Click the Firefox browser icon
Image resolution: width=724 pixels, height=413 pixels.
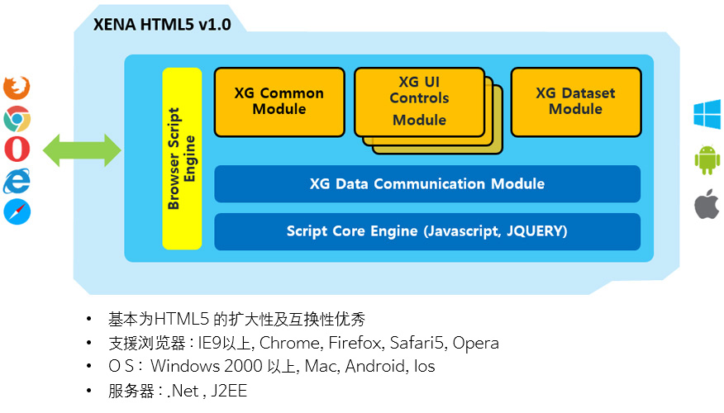[x=17, y=88]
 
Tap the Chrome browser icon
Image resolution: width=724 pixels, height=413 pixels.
[x=17, y=119]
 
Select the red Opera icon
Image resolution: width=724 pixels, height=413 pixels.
[x=17, y=149]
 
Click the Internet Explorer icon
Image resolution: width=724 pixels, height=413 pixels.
[x=17, y=181]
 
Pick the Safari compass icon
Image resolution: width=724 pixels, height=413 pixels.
[x=17, y=211]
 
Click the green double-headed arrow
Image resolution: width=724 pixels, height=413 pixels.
[x=82, y=150]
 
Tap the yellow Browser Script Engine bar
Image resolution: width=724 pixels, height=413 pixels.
[x=182, y=159]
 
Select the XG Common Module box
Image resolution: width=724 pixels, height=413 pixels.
[x=279, y=102]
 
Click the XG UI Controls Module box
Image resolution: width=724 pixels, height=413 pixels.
[x=420, y=102]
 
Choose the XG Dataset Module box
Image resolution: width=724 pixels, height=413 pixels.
[x=576, y=102]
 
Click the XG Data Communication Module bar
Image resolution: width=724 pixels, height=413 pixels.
[x=427, y=183]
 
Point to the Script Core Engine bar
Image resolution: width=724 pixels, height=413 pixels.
[x=427, y=231]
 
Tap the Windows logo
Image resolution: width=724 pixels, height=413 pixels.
[x=707, y=114]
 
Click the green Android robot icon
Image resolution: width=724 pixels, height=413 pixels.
[x=707, y=159]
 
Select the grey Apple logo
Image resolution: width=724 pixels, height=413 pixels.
[x=707, y=204]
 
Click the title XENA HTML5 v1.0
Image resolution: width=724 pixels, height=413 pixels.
[x=162, y=25]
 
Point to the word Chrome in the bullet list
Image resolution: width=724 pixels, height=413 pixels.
[x=289, y=343]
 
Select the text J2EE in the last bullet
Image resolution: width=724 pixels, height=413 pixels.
[x=229, y=391]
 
